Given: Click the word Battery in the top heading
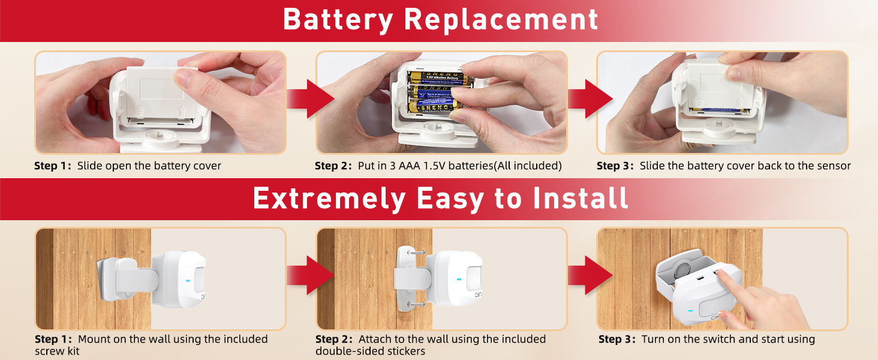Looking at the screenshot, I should coord(337,19).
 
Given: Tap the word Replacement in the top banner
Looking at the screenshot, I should coord(501,19).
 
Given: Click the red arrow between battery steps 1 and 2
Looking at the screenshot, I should coord(310,99).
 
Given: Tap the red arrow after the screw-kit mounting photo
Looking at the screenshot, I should coord(310,275).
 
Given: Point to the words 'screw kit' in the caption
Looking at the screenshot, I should coord(57,351).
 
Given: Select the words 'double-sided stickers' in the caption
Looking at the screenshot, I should coord(371,351).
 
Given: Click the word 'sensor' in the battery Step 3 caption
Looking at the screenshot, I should coord(832,166).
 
